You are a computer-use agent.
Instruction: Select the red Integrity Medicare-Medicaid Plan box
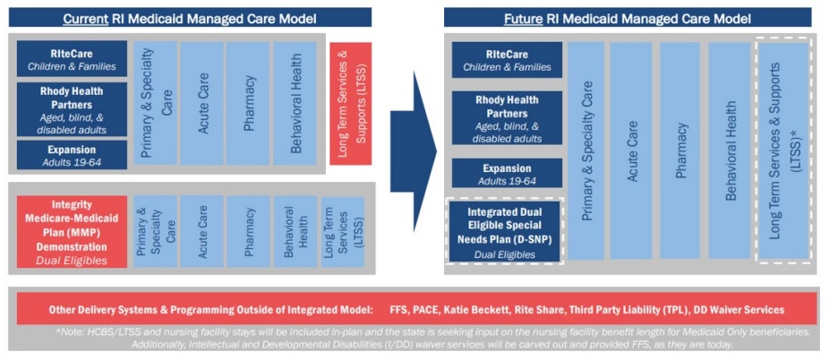pyautogui.click(x=72, y=232)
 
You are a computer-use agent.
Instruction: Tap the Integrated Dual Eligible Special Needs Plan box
pyautogui.click(x=504, y=231)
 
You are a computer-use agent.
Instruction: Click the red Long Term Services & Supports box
pyautogui.click(x=351, y=104)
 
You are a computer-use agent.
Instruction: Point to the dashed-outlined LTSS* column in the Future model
pyautogui.click(x=784, y=150)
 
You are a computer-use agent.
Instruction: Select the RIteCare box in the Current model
pyautogui.click(x=72, y=59)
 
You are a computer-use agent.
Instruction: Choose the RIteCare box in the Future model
pyautogui.click(x=507, y=60)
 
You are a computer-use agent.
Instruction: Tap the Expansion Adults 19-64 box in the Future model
pyautogui.click(x=507, y=174)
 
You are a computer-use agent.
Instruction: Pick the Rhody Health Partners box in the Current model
pyautogui.click(x=72, y=109)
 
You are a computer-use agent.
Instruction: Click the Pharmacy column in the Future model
pyautogui.click(x=679, y=150)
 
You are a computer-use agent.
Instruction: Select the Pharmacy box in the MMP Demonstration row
pyautogui.click(x=248, y=232)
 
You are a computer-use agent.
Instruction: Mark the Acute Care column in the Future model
pyautogui.click(x=631, y=150)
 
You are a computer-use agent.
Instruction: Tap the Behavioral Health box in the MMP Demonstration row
pyautogui.click(x=295, y=232)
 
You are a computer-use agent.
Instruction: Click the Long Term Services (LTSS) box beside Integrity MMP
pyautogui.click(x=343, y=232)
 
